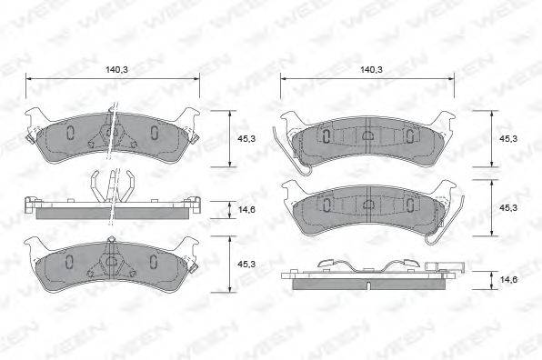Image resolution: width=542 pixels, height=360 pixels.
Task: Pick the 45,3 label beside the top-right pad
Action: pyautogui.click(x=508, y=138)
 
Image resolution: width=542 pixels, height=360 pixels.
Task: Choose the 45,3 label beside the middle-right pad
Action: pyautogui.click(x=508, y=208)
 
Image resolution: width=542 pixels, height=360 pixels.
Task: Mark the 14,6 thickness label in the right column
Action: pyautogui.click(x=508, y=282)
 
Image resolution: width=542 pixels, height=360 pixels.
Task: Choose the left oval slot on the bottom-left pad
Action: pyautogui.click(x=71, y=262)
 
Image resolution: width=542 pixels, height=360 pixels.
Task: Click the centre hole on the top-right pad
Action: pyautogui.click(x=367, y=136)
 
